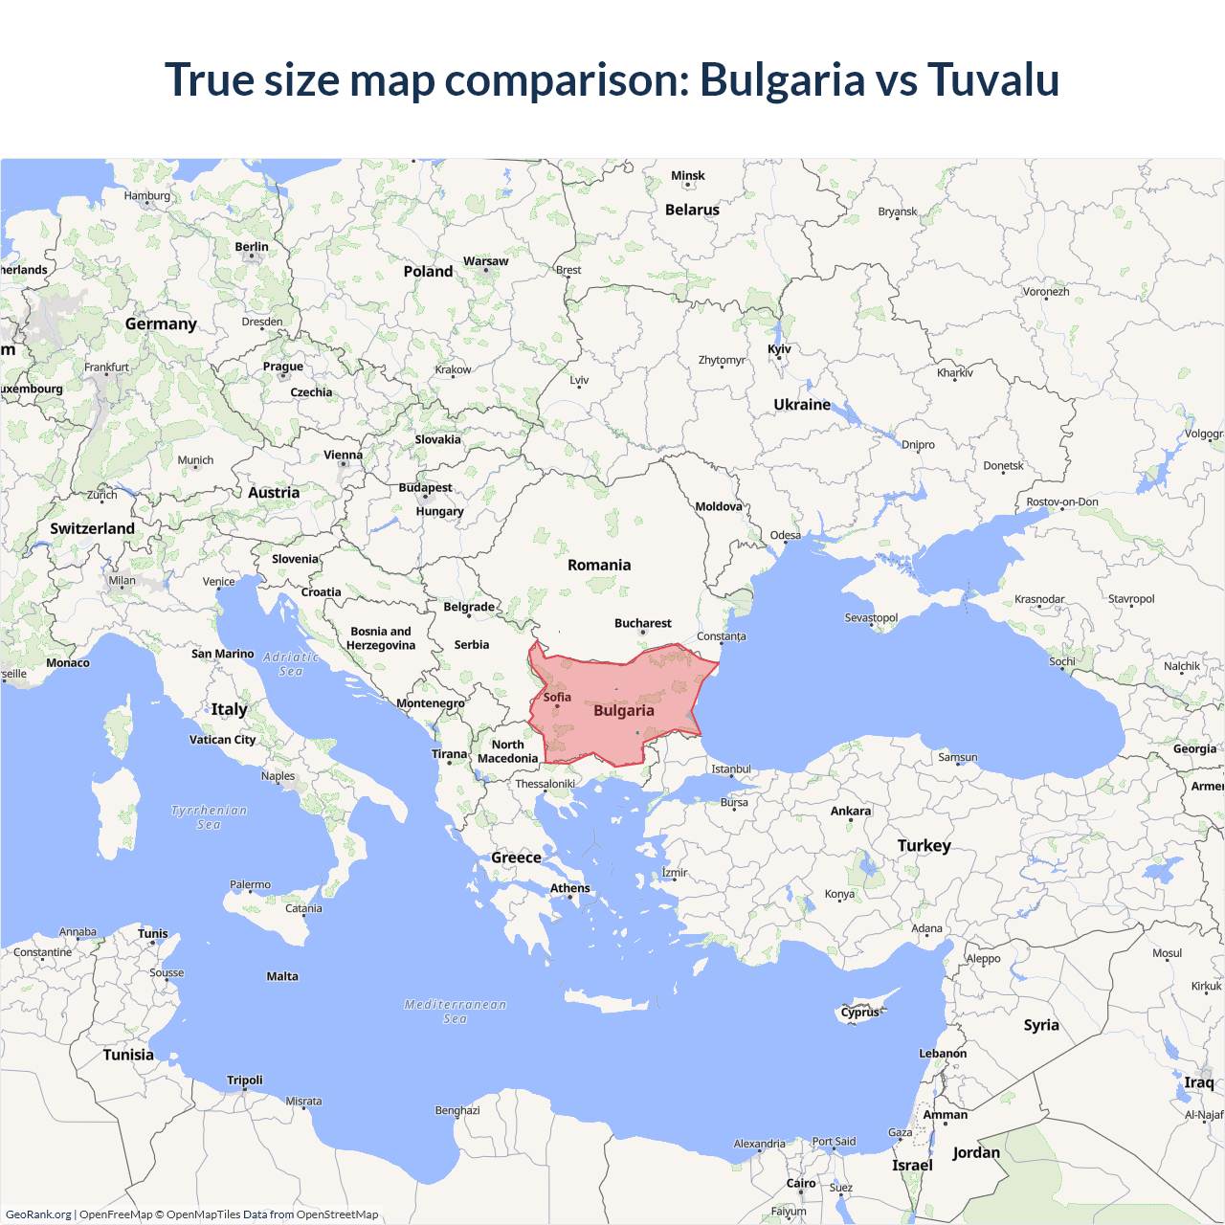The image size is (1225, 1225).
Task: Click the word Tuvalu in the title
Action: point(992,79)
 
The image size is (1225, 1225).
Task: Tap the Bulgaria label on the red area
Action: point(624,710)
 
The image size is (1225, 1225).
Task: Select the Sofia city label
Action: point(557,697)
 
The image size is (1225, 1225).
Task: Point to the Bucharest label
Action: point(643,623)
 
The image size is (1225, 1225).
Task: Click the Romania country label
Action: point(599,565)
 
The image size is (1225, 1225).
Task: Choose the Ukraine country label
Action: point(802,405)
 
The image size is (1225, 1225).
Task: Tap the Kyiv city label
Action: point(779,349)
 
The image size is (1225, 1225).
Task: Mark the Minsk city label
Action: point(688,176)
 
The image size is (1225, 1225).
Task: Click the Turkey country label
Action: point(924,845)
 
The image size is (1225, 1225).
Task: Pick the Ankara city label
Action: point(851,811)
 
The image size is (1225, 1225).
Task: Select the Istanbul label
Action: point(731,769)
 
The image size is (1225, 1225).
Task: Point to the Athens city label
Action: point(570,888)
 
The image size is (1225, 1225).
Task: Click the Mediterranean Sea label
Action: point(456,1012)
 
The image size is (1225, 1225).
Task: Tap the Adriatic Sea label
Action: point(291,664)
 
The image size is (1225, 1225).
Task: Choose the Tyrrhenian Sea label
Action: point(210,817)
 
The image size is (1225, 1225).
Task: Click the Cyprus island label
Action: point(860,1012)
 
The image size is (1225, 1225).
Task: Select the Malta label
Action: point(282,976)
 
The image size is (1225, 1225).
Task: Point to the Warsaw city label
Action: point(486,261)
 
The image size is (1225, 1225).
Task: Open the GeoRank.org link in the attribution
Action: point(38,1214)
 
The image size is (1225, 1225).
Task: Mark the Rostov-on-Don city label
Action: point(1062,501)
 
